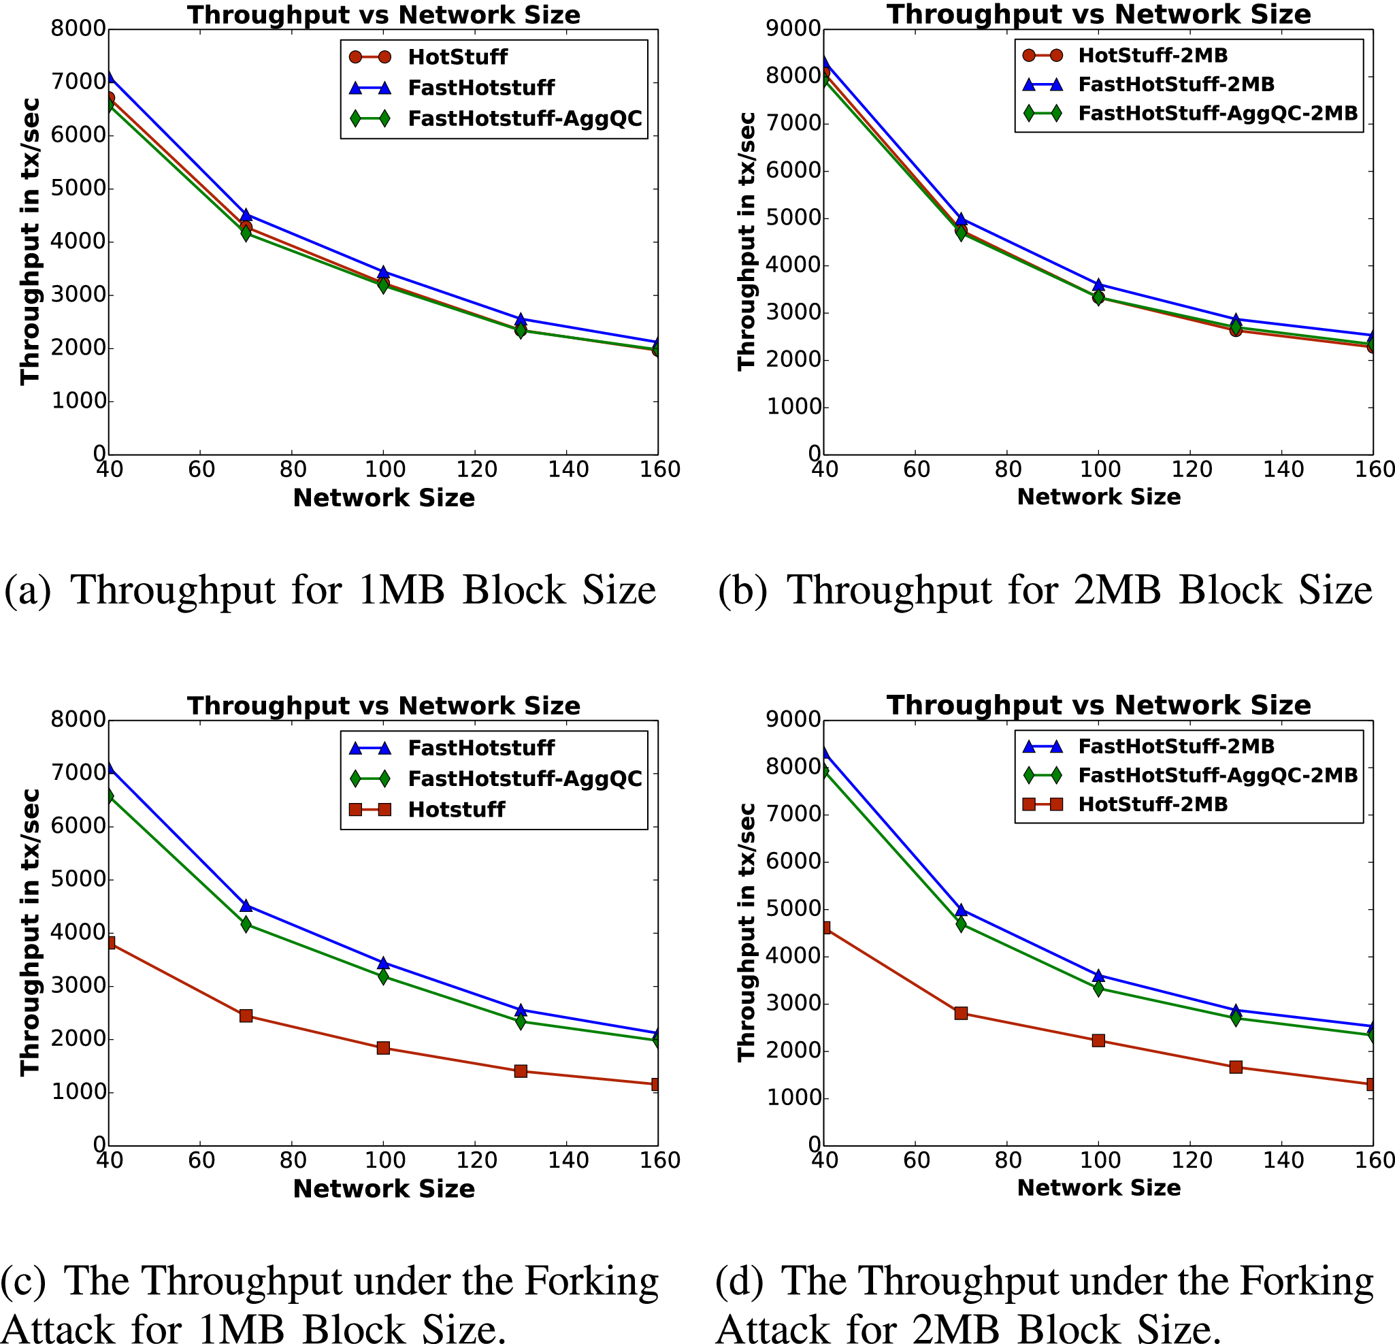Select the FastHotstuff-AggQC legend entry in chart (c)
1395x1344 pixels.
tap(525, 778)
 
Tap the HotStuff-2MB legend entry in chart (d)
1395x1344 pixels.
tap(1152, 804)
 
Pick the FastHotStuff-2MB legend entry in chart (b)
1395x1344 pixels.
tap(1176, 84)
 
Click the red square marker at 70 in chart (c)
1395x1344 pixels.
tap(246, 1016)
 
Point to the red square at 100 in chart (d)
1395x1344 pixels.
tap(1098, 1040)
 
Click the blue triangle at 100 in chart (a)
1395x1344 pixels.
tap(383, 272)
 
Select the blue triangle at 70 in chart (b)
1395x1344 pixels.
tap(961, 219)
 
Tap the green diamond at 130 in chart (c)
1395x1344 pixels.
tap(521, 1021)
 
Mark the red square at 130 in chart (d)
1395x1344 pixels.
tap(1236, 1067)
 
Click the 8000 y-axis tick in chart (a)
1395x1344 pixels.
tap(78, 29)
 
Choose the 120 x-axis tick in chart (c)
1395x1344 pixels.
tap(476, 1160)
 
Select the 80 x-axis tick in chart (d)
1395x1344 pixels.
tap(1008, 1160)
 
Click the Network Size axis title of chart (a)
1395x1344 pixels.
tap(384, 497)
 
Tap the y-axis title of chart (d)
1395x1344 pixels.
tap(746, 932)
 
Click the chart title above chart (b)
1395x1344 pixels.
tap(1098, 14)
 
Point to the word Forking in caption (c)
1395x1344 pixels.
tap(591, 1281)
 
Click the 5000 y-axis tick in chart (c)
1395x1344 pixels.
tap(78, 879)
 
